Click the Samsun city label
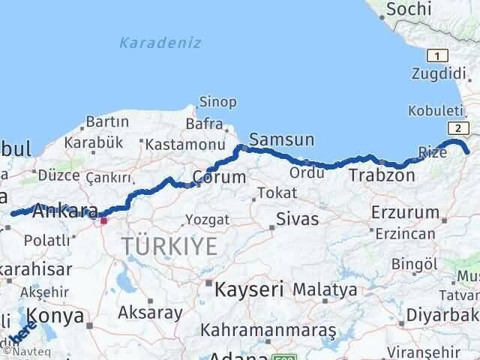point(281,139)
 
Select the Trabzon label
point(381,175)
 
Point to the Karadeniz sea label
point(160,43)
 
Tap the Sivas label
point(297,220)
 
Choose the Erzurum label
point(405,212)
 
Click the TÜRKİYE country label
point(170,245)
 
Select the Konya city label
point(55,316)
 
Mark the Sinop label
point(217,102)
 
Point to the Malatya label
point(325,289)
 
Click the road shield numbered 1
point(436,55)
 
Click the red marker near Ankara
point(104,220)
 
